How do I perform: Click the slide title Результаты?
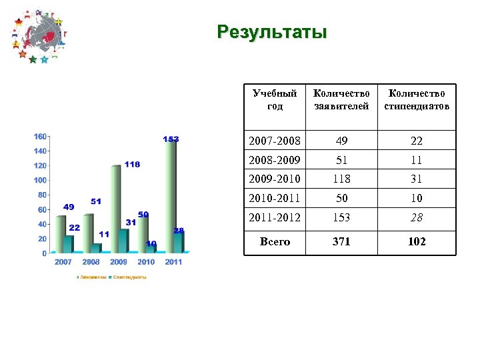coord(272,32)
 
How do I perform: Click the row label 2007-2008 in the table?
coord(275,141)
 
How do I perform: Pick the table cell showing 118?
coord(341,179)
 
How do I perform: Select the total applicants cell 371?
coord(341,242)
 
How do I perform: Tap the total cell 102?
coord(417,242)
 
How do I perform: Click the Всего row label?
coord(275,242)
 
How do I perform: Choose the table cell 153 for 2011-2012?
coord(341,217)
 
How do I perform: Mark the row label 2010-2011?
coord(275,198)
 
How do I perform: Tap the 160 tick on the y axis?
coord(40,137)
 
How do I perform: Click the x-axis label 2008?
coord(91,262)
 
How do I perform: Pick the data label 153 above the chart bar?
coord(171,139)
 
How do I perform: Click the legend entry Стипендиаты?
coord(128,277)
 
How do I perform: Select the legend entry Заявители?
coord(92,277)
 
